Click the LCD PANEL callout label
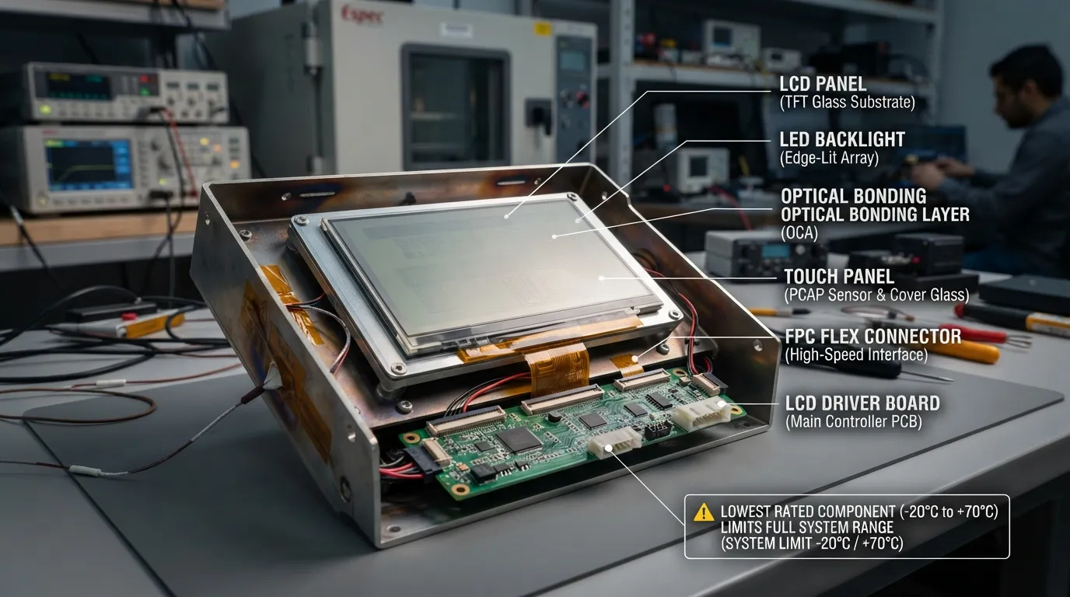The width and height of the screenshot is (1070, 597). click(x=823, y=84)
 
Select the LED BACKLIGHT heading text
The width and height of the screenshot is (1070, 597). click(x=842, y=139)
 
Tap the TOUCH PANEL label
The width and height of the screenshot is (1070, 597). click(x=839, y=277)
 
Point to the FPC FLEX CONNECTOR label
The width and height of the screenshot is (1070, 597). click(x=872, y=337)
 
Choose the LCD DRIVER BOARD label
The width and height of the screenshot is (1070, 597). click(x=862, y=403)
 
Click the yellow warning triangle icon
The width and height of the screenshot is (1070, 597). click(x=704, y=512)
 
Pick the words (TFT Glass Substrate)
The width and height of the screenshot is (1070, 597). click(x=848, y=103)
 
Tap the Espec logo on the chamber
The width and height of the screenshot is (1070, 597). click(x=362, y=16)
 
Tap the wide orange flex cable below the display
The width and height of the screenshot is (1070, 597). click(x=557, y=367)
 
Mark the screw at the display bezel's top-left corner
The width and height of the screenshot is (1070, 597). click(x=300, y=220)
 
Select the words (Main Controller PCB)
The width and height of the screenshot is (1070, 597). click(x=854, y=422)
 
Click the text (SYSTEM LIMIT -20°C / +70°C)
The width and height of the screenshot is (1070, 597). click(x=812, y=543)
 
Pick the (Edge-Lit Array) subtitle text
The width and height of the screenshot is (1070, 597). click(x=829, y=158)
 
